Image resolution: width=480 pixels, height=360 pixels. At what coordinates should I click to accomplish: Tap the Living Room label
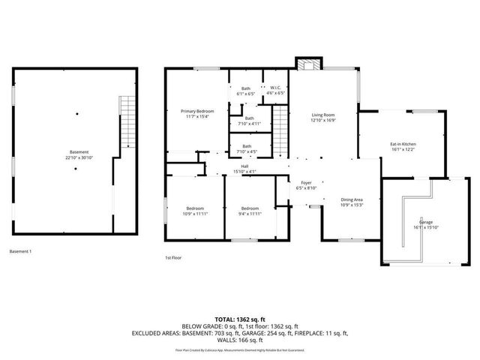[323, 115]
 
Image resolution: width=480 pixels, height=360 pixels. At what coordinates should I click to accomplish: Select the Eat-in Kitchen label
[403, 144]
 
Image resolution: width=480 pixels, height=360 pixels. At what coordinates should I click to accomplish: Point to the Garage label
[425, 223]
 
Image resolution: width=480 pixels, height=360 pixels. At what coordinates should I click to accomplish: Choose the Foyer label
[306, 183]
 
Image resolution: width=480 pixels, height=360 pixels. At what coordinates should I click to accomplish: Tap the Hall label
[244, 166]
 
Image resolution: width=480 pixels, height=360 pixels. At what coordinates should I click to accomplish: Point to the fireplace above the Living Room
[306, 63]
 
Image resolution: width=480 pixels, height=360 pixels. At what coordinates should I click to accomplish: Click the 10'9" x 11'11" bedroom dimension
[195, 214]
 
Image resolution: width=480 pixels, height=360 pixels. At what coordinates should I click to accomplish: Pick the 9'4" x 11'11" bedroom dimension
[250, 214]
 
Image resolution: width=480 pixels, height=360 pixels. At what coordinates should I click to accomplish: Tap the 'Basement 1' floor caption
[21, 251]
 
